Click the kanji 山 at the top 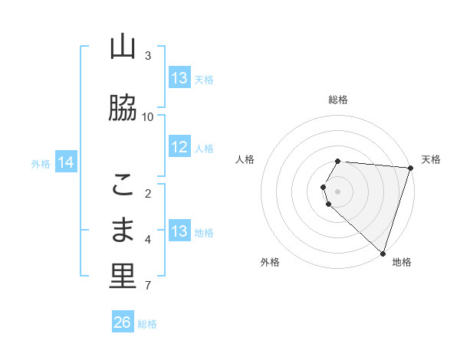pyautogui.click(x=123, y=47)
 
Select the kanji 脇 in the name pyautogui.click(x=123, y=109)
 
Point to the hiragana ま pyautogui.click(x=123, y=231)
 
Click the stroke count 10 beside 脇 pyautogui.click(x=148, y=117)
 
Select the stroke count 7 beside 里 pyautogui.click(x=148, y=286)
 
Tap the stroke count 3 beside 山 pyautogui.click(x=148, y=56)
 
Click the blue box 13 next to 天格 pyautogui.click(x=179, y=78)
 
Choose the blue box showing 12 pyautogui.click(x=179, y=148)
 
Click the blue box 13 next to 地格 pyautogui.click(x=179, y=232)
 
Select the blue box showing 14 pyautogui.click(x=66, y=162)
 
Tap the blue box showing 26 pyautogui.click(x=123, y=322)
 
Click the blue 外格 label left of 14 pyautogui.click(x=41, y=163)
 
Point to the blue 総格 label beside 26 pyautogui.click(x=147, y=324)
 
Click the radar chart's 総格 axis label pyautogui.click(x=338, y=100)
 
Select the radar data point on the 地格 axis pyautogui.click(x=383, y=253)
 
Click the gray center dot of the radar pyautogui.click(x=338, y=191)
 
